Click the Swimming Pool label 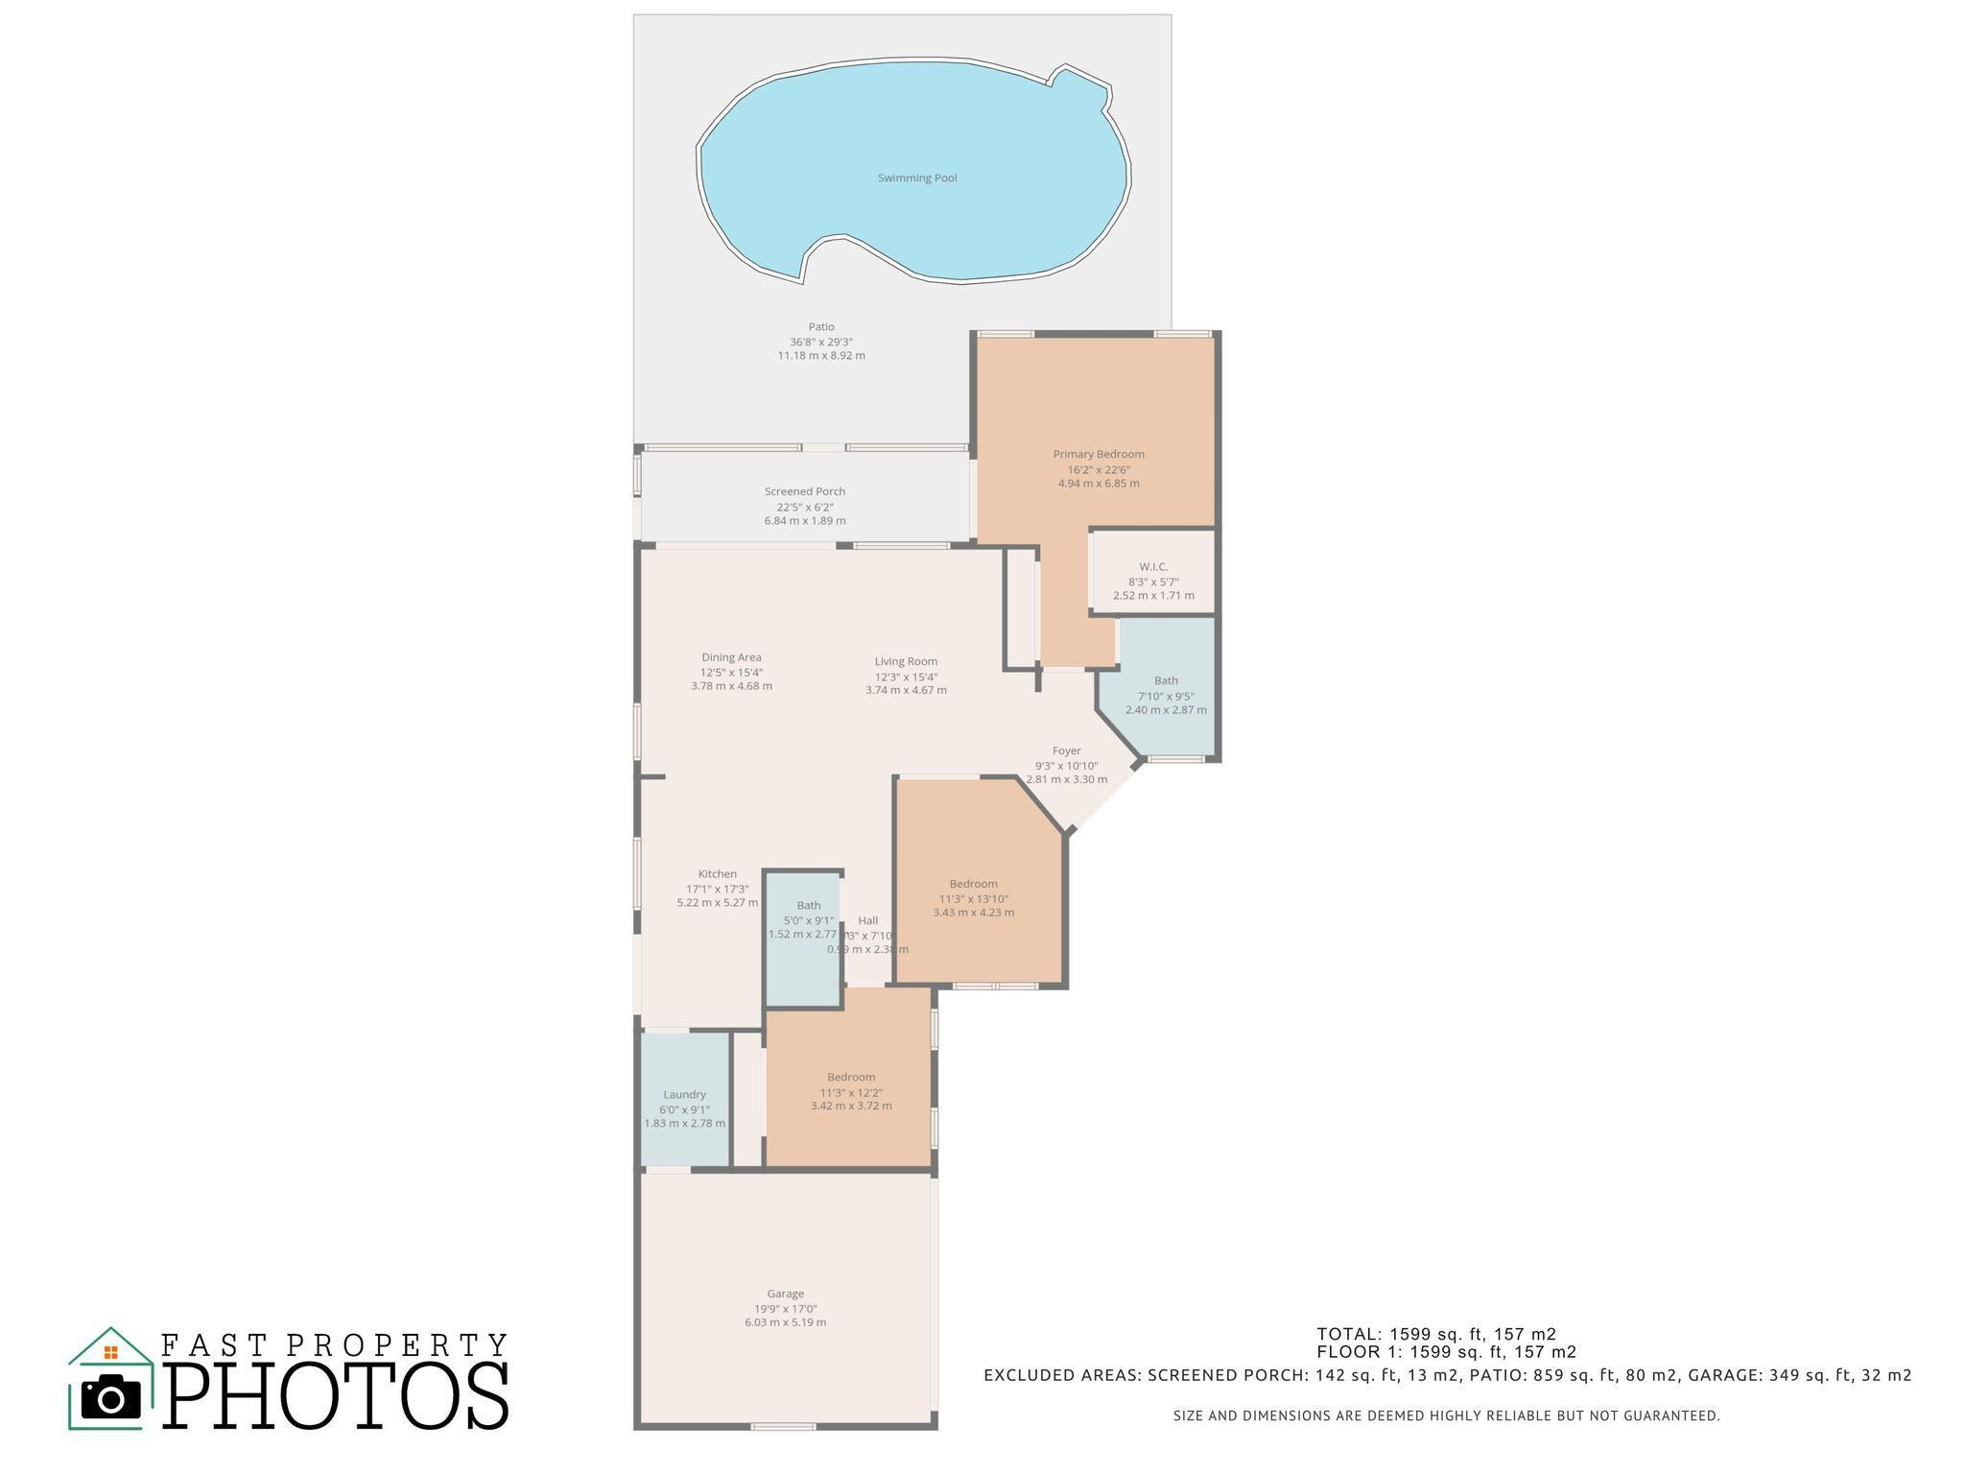coord(917,178)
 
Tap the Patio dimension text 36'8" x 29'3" coord(821,342)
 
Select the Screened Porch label coord(805,491)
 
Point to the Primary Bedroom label coord(1099,454)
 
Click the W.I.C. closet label coord(1153,567)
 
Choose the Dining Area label coord(731,657)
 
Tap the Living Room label coord(906,661)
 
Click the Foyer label coord(1066,750)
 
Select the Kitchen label coord(718,874)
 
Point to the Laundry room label coord(684,1094)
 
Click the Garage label coord(785,1294)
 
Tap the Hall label coord(867,920)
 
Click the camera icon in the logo coord(111,1396)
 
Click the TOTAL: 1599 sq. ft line coord(1435,1334)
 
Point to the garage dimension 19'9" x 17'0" coord(785,1309)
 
